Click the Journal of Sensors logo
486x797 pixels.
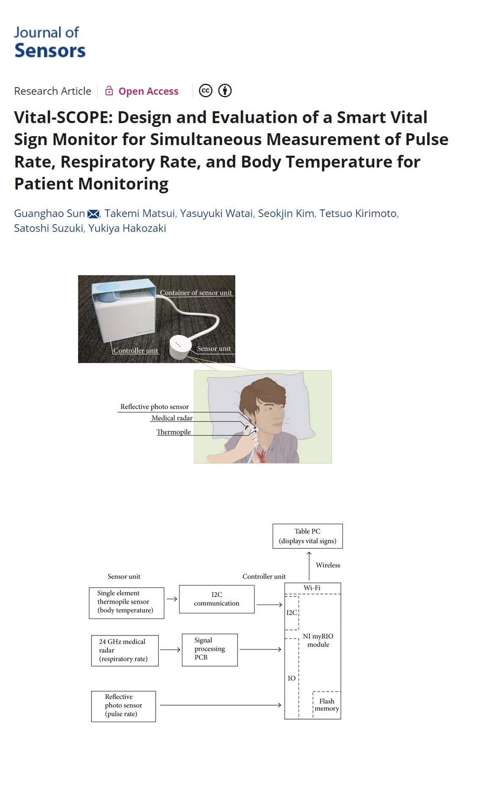tap(50, 42)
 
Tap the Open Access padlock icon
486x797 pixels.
tap(109, 91)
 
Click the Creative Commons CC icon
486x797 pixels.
tap(206, 91)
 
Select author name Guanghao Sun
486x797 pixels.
tap(50, 214)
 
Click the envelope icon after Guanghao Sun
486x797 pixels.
tap(93, 214)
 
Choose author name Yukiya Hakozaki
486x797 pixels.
tap(127, 228)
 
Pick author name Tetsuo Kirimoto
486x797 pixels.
tap(358, 214)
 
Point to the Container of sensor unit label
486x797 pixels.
tap(196, 293)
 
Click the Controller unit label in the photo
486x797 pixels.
tap(135, 351)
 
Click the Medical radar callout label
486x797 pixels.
tap(172, 418)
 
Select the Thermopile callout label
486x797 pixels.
tap(174, 432)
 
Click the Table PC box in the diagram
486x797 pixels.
tap(307, 536)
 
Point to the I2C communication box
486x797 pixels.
tap(217, 599)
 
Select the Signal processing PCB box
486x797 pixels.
tap(210, 649)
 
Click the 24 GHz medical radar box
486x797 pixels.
tap(125, 651)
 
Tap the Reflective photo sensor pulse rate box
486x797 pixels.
tap(123, 706)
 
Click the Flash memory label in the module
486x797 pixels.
tap(327, 705)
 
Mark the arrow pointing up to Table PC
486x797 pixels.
tap(309, 565)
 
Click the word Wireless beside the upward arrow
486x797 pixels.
tap(328, 565)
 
